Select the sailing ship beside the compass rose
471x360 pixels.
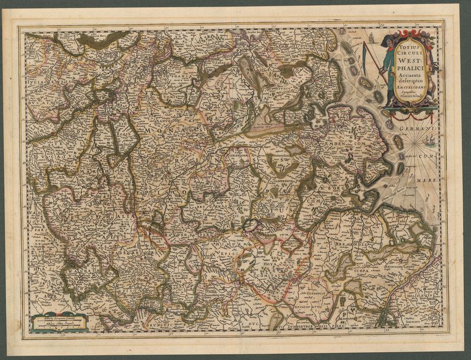point(430,141)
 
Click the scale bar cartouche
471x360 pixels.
point(58,322)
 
